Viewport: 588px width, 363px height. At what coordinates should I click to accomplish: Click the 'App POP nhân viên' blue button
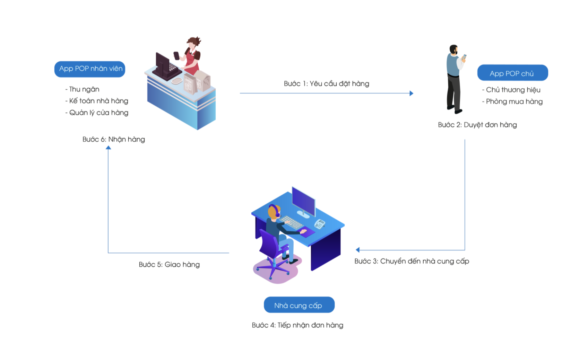coord(90,69)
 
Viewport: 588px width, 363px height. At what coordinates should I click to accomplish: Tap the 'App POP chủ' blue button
coord(512,73)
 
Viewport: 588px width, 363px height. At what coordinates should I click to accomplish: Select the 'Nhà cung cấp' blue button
coord(299,305)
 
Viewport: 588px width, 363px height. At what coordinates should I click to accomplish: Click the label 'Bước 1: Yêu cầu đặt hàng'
coord(326,83)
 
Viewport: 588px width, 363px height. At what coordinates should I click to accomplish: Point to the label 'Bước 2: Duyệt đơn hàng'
coord(477,125)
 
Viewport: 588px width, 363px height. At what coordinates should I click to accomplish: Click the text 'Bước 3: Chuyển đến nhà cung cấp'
coord(412,261)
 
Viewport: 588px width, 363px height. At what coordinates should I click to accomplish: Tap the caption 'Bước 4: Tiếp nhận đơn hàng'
coord(297,325)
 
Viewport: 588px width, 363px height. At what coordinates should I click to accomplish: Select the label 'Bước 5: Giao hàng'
coord(169,265)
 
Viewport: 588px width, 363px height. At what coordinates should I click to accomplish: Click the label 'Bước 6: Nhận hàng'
coord(114,139)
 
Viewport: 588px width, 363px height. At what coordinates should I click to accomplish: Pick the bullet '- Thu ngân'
coord(83,89)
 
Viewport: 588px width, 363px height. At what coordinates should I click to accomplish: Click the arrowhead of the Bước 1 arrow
coord(411,93)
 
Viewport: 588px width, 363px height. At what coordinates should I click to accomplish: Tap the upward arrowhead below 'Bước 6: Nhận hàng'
coord(108,148)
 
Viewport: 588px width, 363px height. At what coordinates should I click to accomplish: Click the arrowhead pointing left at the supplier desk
coord(358,250)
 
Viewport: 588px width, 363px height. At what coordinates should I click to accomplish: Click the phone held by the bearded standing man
coord(464,57)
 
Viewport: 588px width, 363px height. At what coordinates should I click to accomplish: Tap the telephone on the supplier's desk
coord(320,224)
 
